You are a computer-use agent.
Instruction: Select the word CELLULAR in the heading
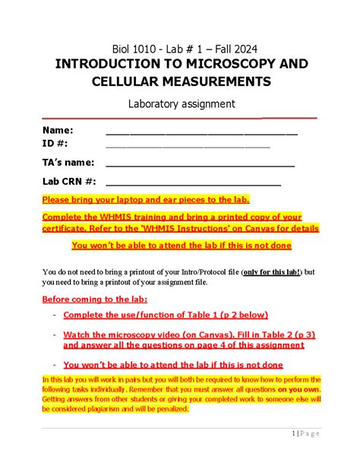pos(125,81)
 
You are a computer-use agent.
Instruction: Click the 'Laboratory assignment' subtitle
pos(179,103)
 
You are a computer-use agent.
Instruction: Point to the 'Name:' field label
pos(58,131)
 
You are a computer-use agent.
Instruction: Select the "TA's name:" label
pos(68,162)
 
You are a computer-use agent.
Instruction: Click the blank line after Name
pos(201,133)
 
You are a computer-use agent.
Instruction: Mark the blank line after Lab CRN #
pos(193,183)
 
